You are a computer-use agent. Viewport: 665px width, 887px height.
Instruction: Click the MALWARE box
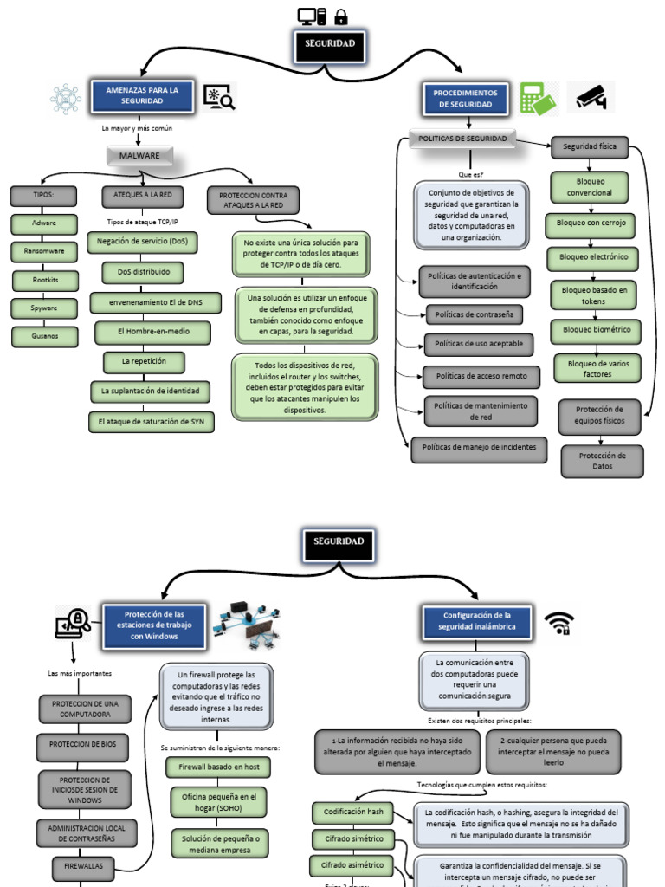coord(139,156)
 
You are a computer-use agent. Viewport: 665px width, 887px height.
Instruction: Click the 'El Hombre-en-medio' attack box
coord(152,331)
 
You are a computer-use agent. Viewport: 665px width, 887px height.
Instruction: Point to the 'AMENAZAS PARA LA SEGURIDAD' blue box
coord(141,95)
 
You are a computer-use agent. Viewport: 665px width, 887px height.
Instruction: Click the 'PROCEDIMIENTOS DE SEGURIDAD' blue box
coord(465,98)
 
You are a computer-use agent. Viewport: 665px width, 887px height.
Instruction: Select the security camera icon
coord(591,97)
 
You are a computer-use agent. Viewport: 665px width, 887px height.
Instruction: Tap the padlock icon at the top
coord(340,16)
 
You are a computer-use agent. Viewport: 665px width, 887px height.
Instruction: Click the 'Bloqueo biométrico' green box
coord(597,330)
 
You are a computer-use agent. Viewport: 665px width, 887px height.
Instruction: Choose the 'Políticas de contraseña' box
coord(474,314)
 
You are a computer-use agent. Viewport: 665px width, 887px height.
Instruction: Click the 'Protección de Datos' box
coord(602,461)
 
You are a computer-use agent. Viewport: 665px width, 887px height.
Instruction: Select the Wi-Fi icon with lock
coord(558,622)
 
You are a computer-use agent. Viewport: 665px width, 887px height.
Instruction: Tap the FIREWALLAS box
coord(83,864)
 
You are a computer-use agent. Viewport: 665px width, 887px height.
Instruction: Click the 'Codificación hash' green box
coord(352,813)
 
